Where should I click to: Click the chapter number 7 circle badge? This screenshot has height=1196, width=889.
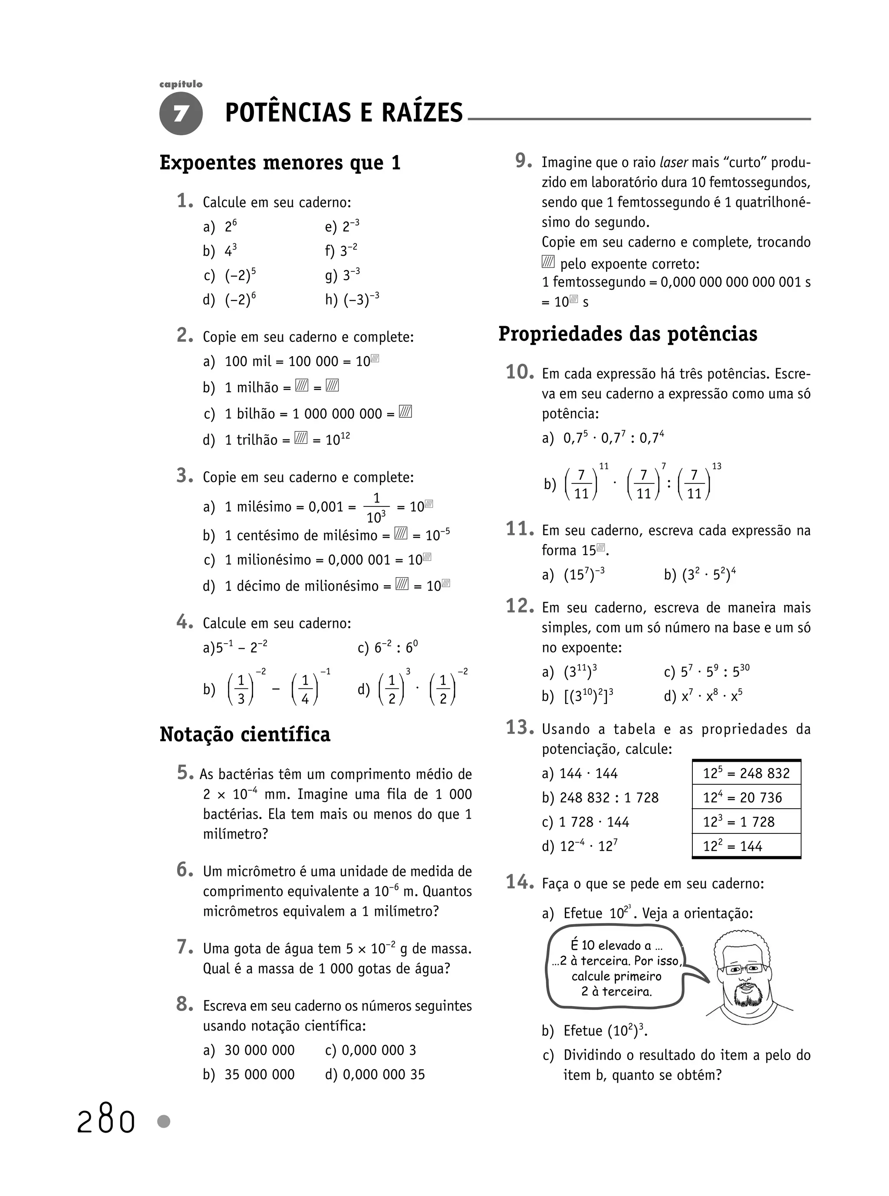(x=181, y=113)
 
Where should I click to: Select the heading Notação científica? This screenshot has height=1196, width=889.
(x=245, y=734)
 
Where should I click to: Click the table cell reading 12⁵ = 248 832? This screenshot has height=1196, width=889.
(x=746, y=773)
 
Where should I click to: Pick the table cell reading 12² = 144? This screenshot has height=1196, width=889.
(x=746, y=846)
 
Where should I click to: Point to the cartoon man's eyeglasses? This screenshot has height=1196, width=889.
(x=745, y=969)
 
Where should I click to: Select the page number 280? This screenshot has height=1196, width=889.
(x=105, y=1122)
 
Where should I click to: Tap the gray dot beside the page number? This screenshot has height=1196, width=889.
(x=164, y=1122)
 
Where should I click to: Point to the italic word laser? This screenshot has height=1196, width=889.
(x=674, y=162)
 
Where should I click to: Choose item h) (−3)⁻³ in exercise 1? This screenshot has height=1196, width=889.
(x=352, y=299)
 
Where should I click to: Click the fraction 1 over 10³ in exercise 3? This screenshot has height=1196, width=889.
(x=376, y=508)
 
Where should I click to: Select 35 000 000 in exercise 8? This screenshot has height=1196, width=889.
(x=260, y=1074)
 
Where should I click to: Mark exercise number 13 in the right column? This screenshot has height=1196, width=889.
(x=519, y=728)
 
